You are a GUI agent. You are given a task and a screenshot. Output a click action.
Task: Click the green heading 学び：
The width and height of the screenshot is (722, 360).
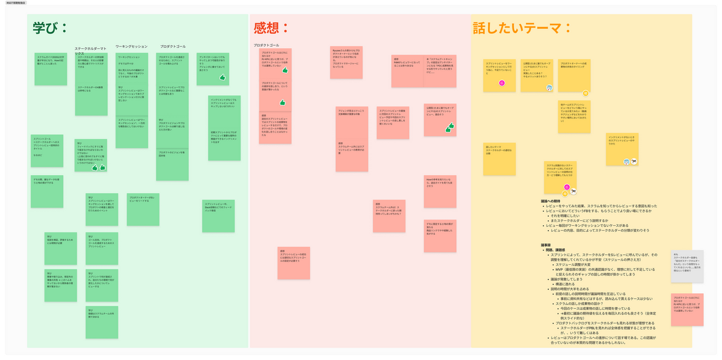tap(51, 28)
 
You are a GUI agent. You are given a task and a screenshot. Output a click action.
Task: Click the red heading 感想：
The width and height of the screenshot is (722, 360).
tap(271, 28)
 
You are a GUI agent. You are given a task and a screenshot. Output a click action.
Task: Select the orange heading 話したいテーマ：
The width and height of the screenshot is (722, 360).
tap(522, 28)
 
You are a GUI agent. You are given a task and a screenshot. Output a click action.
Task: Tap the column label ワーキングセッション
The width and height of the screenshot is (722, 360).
tap(131, 46)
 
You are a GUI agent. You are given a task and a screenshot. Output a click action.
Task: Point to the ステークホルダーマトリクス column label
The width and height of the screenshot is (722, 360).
tap(90, 51)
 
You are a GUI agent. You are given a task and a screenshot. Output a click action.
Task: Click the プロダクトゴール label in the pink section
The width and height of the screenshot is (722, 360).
tap(266, 45)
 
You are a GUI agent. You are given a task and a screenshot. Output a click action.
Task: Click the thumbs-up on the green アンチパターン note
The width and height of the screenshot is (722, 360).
tap(222, 78)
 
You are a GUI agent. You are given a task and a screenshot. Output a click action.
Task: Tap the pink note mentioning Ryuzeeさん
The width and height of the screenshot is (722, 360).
tap(346, 61)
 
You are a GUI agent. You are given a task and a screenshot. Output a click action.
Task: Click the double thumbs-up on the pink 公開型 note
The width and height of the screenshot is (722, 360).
tap(449, 127)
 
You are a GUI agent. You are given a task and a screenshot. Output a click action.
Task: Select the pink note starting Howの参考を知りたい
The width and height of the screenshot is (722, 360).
tap(440, 191)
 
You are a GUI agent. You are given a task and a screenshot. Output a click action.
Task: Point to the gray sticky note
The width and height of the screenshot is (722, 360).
tap(687, 266)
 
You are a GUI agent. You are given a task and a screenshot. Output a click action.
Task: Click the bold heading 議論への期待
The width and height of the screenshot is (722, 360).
tap(554, 200)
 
